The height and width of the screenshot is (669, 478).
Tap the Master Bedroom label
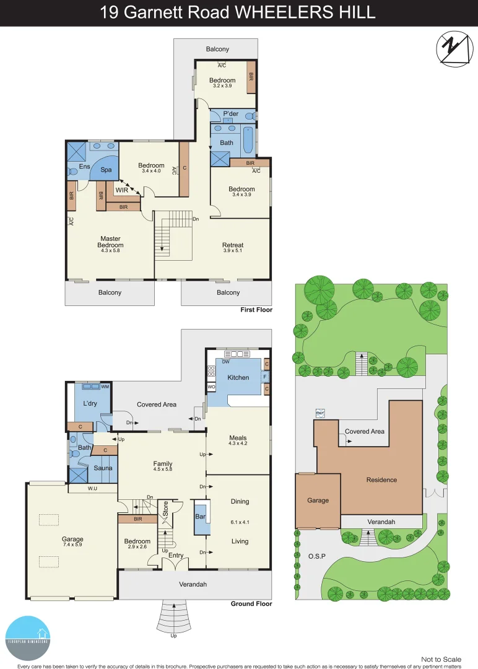pyautogui.click(x=110, y=242)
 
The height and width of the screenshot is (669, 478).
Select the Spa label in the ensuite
pyautogui.click(x=106, y=169)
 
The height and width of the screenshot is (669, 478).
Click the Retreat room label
pyautogui.click(x=233, y=245)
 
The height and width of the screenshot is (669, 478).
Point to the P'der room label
pyautogui.click(x=230, y=113)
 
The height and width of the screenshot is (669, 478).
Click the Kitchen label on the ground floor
pyautogui.click(x=238, y=377)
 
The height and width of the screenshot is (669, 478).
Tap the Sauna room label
pyautogui.click(x=103, y=468)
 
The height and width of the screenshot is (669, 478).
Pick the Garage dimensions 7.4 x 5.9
pyautogui.click(x=72, y=546)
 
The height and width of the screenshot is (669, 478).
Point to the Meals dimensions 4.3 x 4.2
pyautogui.click(x=238, y=443)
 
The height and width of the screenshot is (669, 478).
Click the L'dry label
pyautogui.click(x=90, y=403)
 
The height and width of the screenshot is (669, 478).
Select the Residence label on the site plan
pyautogui.click(x=381, y=479)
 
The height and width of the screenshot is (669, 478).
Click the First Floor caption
pyautogui.click(x=256, y=310)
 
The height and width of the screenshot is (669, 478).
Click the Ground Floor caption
pyautogui.click(x=251, y=603)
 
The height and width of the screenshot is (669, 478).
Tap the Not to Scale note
pyautogui.click(x=441, y=660)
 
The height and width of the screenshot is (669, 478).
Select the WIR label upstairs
pyautogui.click(x=121, y=190)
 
